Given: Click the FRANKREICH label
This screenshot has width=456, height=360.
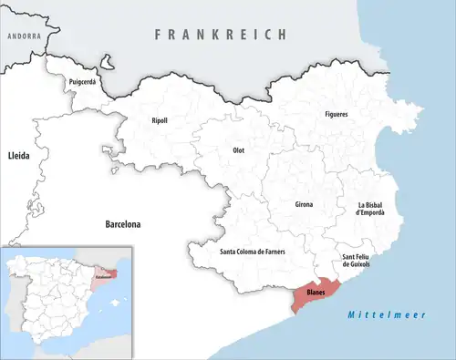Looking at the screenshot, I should coord(220,34).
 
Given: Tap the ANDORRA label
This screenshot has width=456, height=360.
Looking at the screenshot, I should coord(24,36).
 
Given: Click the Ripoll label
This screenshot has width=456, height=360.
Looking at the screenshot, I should coord(159,120).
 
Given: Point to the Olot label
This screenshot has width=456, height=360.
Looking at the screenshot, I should coord(238,150).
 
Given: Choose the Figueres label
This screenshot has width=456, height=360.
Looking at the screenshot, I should coord(337,114).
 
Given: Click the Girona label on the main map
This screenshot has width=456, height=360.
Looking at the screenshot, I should coord(304,204).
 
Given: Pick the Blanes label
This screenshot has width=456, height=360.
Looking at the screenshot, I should coord(316,293).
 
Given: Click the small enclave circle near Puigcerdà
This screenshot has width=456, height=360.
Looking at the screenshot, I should coord(108,65).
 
